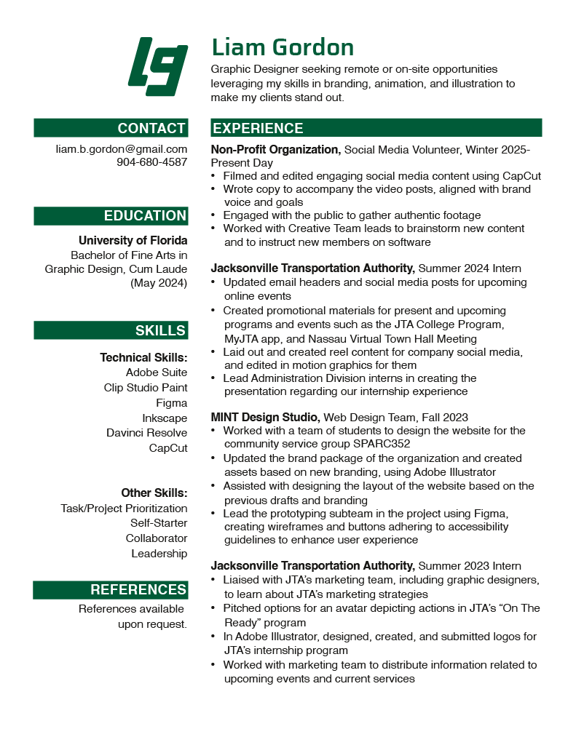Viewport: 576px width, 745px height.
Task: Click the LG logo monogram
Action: tap(158, 66)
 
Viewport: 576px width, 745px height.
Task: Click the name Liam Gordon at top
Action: tap(283, 47)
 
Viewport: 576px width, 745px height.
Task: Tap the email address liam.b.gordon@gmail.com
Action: tap(122, 148)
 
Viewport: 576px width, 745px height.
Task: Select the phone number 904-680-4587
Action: tap(151, 162)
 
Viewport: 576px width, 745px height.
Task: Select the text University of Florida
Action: tap(133, 240)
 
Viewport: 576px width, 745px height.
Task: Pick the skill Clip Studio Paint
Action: tap(146, 388)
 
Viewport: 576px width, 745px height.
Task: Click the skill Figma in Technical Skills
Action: tap(172, 403)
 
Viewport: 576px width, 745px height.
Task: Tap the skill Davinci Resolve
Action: tap(146, 433)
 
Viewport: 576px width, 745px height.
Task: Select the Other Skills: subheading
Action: tap(154, 493)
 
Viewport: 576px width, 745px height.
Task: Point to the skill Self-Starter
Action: tap(159, 523)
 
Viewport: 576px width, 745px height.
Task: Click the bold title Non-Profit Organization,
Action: tap(275, 149)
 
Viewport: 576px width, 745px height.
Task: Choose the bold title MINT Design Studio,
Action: tap(265, 417)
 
